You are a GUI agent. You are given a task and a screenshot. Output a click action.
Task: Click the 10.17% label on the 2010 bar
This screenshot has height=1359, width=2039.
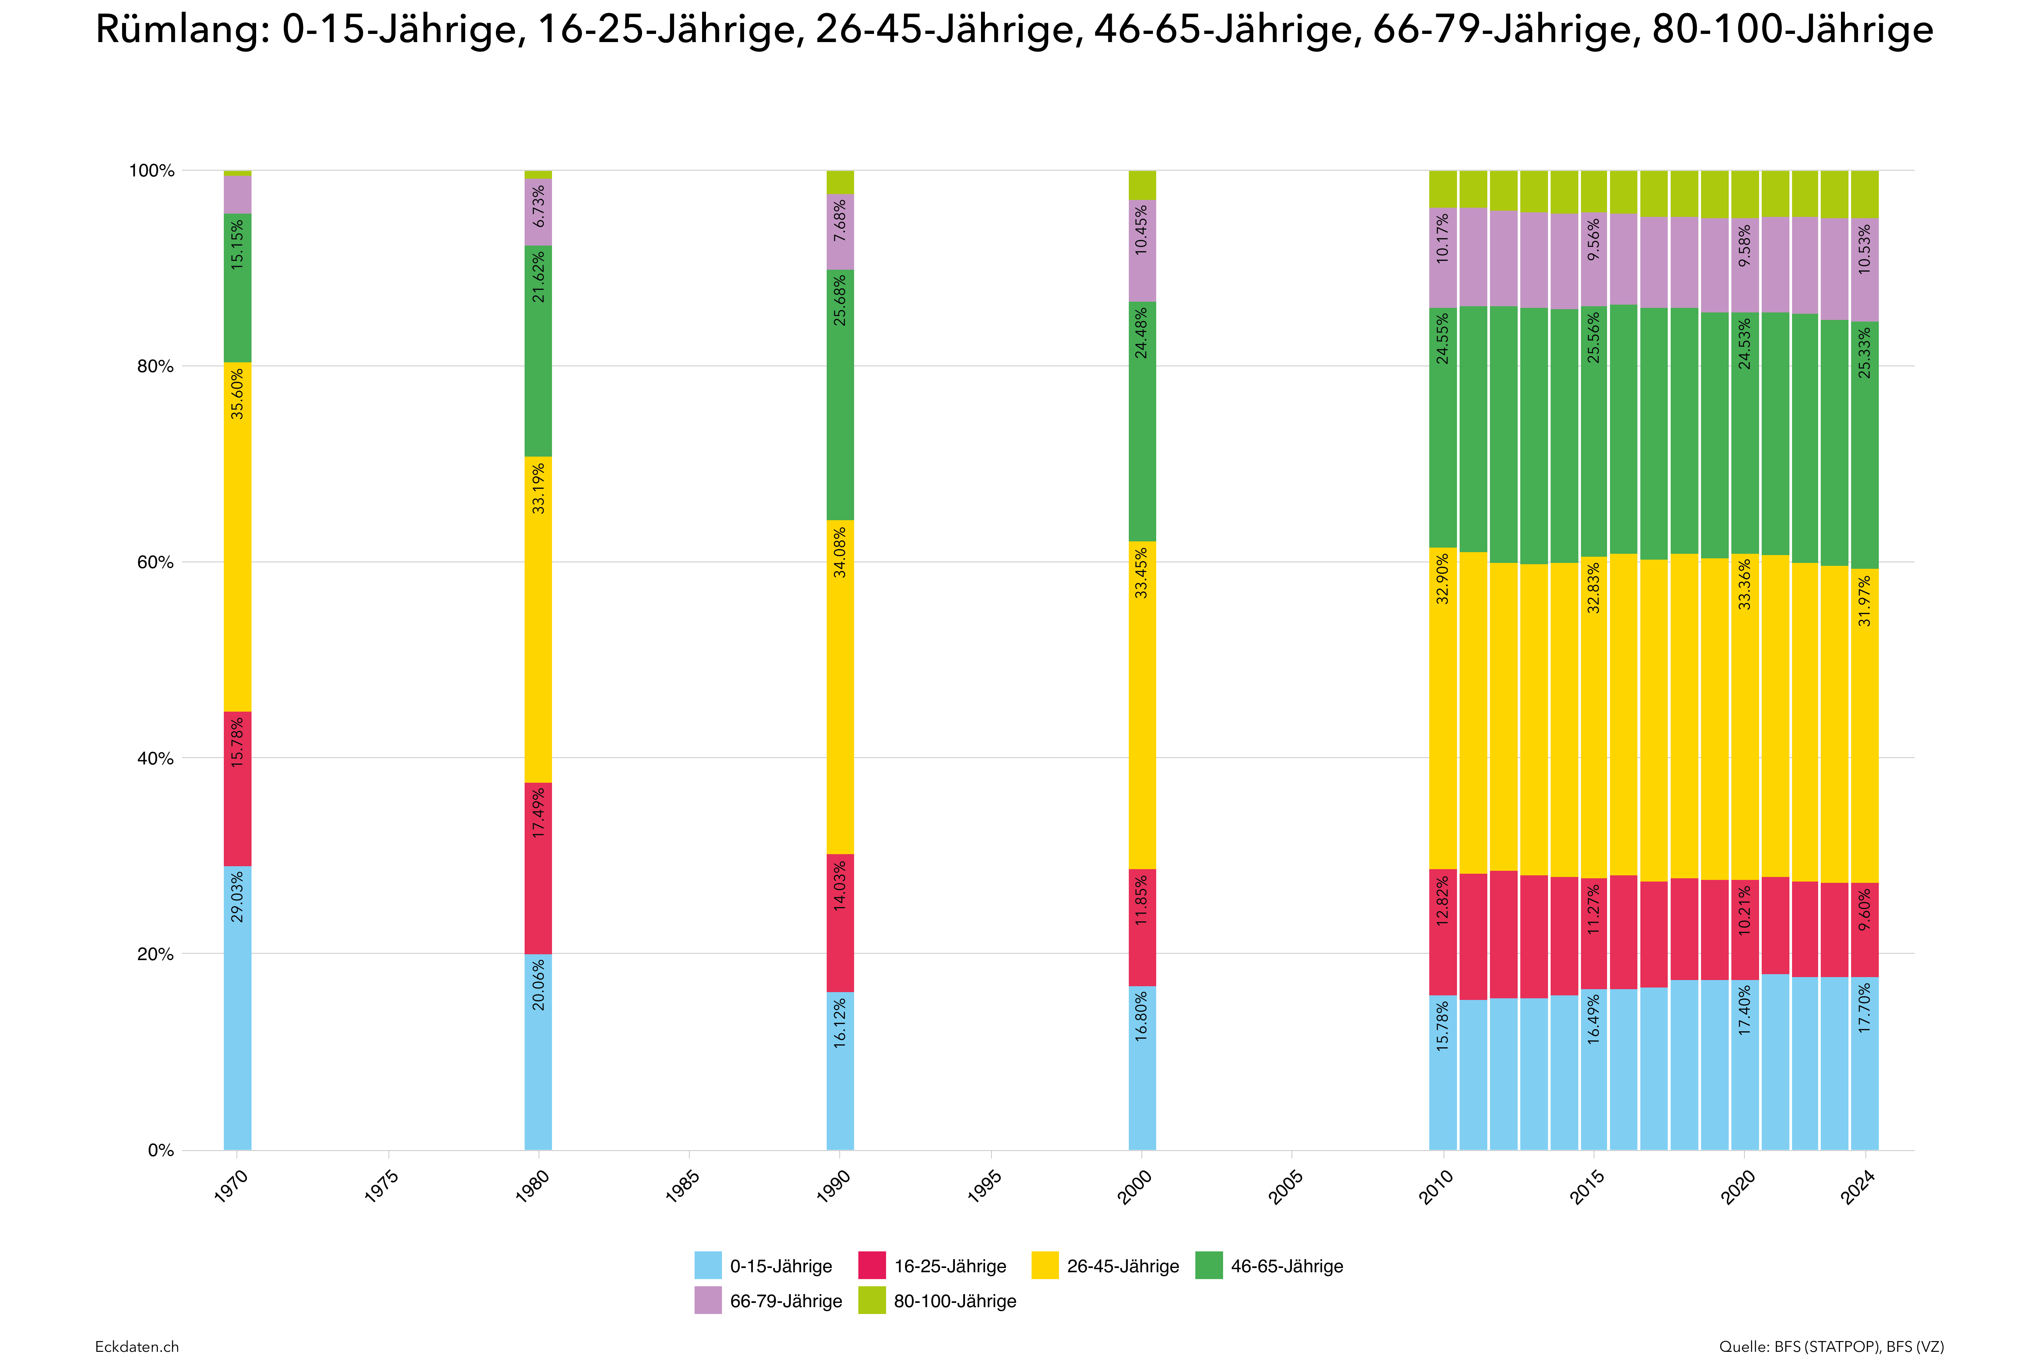point(1443,238)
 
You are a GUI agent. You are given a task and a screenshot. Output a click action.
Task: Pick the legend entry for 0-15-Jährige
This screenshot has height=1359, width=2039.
point(763,1266)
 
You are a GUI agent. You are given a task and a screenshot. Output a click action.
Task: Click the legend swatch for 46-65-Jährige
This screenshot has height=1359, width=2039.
point(1208,1266)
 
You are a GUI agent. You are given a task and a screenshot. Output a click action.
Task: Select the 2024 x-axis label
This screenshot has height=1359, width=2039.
point(1859,1185)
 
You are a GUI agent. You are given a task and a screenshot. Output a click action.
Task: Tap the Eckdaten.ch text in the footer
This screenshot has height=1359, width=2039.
point(137,1346)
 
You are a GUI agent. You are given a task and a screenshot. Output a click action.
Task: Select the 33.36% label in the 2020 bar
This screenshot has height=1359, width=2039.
point(1744,584)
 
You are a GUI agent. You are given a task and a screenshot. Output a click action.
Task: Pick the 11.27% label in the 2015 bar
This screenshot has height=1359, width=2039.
point(1593,909)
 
